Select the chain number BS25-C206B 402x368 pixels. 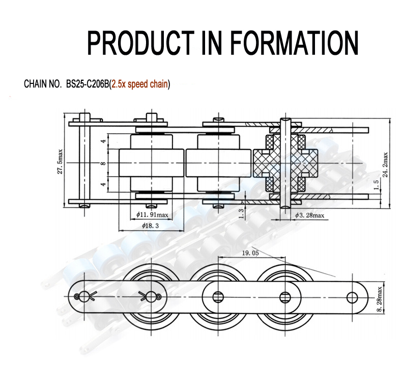(87, 84)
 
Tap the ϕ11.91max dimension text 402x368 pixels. (153, 216)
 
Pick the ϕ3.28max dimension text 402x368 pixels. (309, 216)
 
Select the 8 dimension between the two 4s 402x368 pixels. (103, 163)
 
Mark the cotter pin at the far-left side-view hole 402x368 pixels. (82, 295)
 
